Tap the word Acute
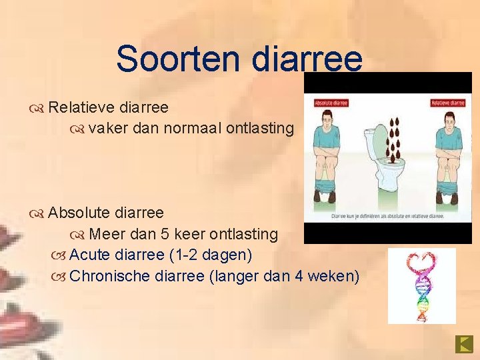pyautogui.click(x=89, y=255)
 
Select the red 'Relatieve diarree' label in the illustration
pyautogui.click(x=447, y=103)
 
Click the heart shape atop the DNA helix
pyautogui.click(x=421, y=262)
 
